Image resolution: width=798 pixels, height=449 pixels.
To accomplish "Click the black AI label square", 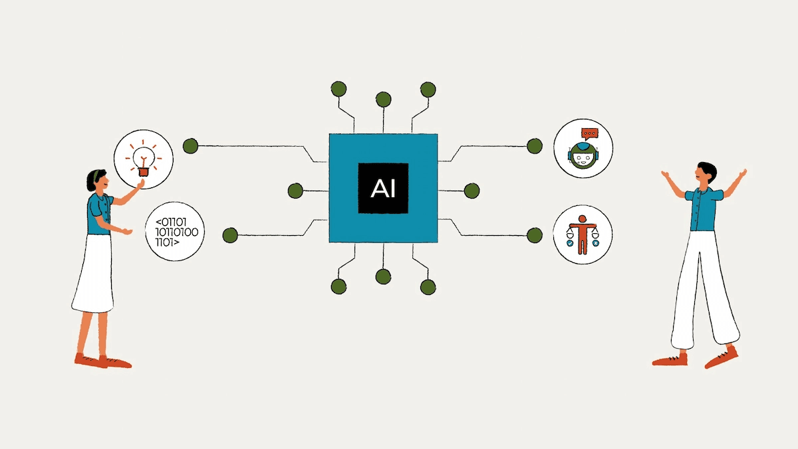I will (383, 189).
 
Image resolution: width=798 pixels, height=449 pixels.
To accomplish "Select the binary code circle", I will (176, 232).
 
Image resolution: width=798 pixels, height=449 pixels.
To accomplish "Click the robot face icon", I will (583, 157).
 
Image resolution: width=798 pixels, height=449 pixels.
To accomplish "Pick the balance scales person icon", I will (583, 235).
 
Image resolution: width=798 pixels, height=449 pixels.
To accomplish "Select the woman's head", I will (96, 181).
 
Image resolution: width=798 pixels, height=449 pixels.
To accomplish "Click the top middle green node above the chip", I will (383, 100).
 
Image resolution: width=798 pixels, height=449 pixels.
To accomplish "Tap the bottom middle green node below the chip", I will (383, 277).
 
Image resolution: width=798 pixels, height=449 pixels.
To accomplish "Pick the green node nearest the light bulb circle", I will (190, 145).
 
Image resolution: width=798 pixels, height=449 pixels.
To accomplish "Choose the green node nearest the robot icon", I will (535, 145).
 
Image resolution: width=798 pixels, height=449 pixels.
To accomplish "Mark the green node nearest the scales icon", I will (535, 235).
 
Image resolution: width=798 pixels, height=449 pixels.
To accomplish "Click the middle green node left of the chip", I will (296, 191).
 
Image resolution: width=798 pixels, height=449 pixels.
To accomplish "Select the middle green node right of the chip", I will (471, 191).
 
